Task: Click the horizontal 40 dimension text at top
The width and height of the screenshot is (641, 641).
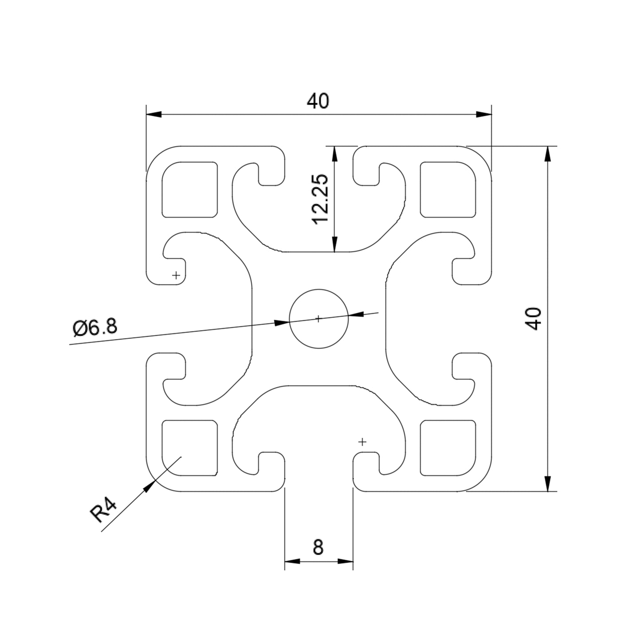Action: [x=318, y=102]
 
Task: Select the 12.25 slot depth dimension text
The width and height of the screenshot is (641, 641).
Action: [x=320, y=199]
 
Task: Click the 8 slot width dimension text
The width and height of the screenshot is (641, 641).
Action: [x=318, y=548]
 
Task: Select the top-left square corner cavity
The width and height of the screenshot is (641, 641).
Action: [x=190, y=189]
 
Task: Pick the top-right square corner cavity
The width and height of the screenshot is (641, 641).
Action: [x=448, y=189]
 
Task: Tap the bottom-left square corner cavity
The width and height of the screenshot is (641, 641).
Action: [x=190, y=448]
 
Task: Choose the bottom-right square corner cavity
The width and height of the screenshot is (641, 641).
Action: [x=448, y=448]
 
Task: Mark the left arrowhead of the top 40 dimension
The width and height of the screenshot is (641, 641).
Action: [x=153, y=114]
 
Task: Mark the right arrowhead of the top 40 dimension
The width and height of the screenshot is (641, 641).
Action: [x=484, y=114]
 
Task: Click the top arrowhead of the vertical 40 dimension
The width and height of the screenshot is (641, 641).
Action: [x=548, y=153]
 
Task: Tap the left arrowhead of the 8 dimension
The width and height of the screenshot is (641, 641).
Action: [x=292, y=561]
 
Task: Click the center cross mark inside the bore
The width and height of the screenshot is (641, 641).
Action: [x=318, y=319]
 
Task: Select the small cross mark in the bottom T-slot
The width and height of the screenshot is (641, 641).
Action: [x=362, y=442]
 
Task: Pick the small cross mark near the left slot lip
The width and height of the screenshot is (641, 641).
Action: [x=177, y=275]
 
